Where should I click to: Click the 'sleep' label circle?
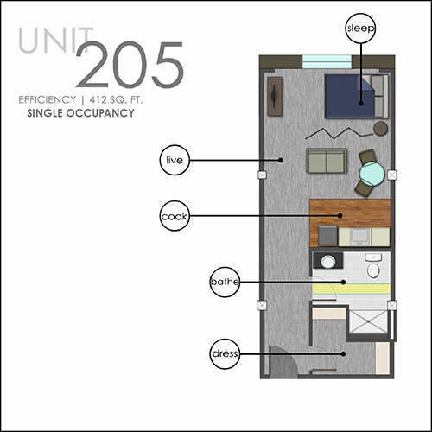pyautogui.click(x=360, y=29)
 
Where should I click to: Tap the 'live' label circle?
pyautogui.click(x=175, y=160)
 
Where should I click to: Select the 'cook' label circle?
pyautogui.click(x=175, y=216)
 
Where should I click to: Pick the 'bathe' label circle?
pyautogui.click(x=225, y=282)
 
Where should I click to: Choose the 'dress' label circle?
pyautogui.click(x=225, y=354)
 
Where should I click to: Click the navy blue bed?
pyautogui.click(x=357, y=96)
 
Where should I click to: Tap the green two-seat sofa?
pyautogui.click(x=326, y=161)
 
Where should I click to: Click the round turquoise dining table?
pyautogui.click(x=372, y=174)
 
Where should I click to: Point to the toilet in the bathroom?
pyautogui.click(x=373, y=265)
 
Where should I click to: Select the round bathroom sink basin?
pyautogui.click(x=327, y=262)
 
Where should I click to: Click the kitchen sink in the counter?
pyautogui.click(x=359, y=237)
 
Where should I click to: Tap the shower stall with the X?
pyautogui.click(x=368, y=321)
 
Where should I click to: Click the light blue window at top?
pyautogui.click(x=327, y=61)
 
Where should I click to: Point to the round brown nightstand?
pyautogui.click(x=380, y=129)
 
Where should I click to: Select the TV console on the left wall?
pyautogui.click(x=275, y=96)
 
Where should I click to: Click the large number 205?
pyautogui.click(x=130, y=65)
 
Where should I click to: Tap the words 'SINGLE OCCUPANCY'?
pyautogui.click(x=80, y=113)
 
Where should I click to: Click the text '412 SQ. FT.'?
pyautogui.click(x=116, y=99)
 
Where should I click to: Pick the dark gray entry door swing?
pyautogui.click(x=283, y=361)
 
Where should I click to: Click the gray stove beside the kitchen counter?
pyautogui.click(x=327, y=236)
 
